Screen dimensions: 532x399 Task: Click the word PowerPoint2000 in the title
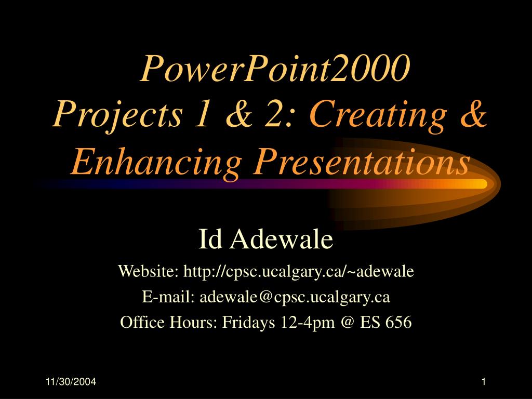point(275,69)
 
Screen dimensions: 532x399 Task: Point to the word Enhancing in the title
point(156,162)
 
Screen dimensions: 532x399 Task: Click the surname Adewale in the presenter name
point(281,239)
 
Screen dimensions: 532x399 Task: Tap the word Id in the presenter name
point(210,239)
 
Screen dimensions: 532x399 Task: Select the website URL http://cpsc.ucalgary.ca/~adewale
point(299,271)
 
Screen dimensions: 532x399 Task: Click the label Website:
point(148,271)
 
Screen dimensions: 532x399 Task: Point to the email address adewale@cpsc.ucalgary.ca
point(295,297)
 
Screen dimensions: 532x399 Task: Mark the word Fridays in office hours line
point(248,322)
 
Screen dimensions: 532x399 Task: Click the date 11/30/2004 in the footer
point(71,382)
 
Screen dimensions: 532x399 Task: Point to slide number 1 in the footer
point(484,382)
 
